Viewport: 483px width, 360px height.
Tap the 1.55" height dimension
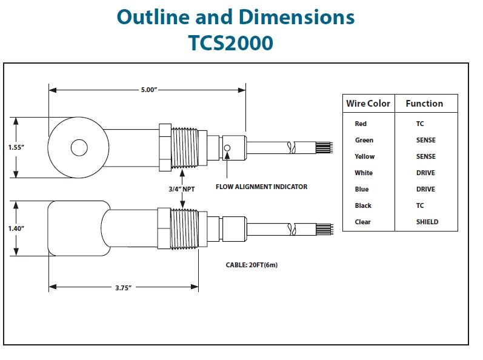(16, 147)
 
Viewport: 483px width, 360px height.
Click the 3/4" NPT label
(181, 189)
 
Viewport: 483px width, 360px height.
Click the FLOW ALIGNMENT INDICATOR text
(261, 187)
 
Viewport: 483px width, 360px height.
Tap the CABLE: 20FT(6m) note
(251, 265)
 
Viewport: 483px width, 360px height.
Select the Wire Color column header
(368, 104)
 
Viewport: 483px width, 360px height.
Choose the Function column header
(424, 104)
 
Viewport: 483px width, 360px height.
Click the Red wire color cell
(361, 124)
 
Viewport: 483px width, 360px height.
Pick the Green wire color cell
(364, 140)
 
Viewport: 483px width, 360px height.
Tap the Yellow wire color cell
(364, 156)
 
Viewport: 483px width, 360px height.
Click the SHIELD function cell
(427, 222)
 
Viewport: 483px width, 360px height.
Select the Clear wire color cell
(362, 222)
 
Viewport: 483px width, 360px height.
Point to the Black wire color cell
(363, 205)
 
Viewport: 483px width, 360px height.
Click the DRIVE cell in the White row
(425, 173)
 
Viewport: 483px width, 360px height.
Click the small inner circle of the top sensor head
(79, 147)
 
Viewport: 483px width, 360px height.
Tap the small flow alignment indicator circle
(227, 148)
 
